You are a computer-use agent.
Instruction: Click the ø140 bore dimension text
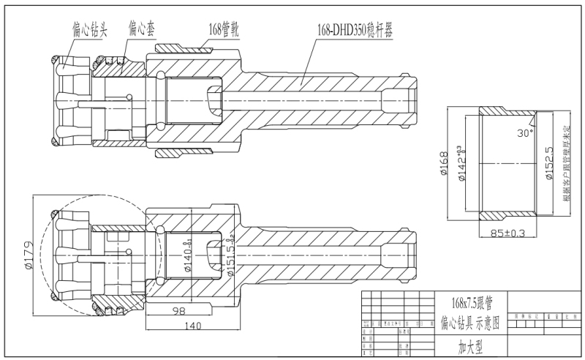[x=188, y=257]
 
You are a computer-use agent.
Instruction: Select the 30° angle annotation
[x=523, y=134]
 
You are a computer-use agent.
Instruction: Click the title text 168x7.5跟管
[x=467, y=301]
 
